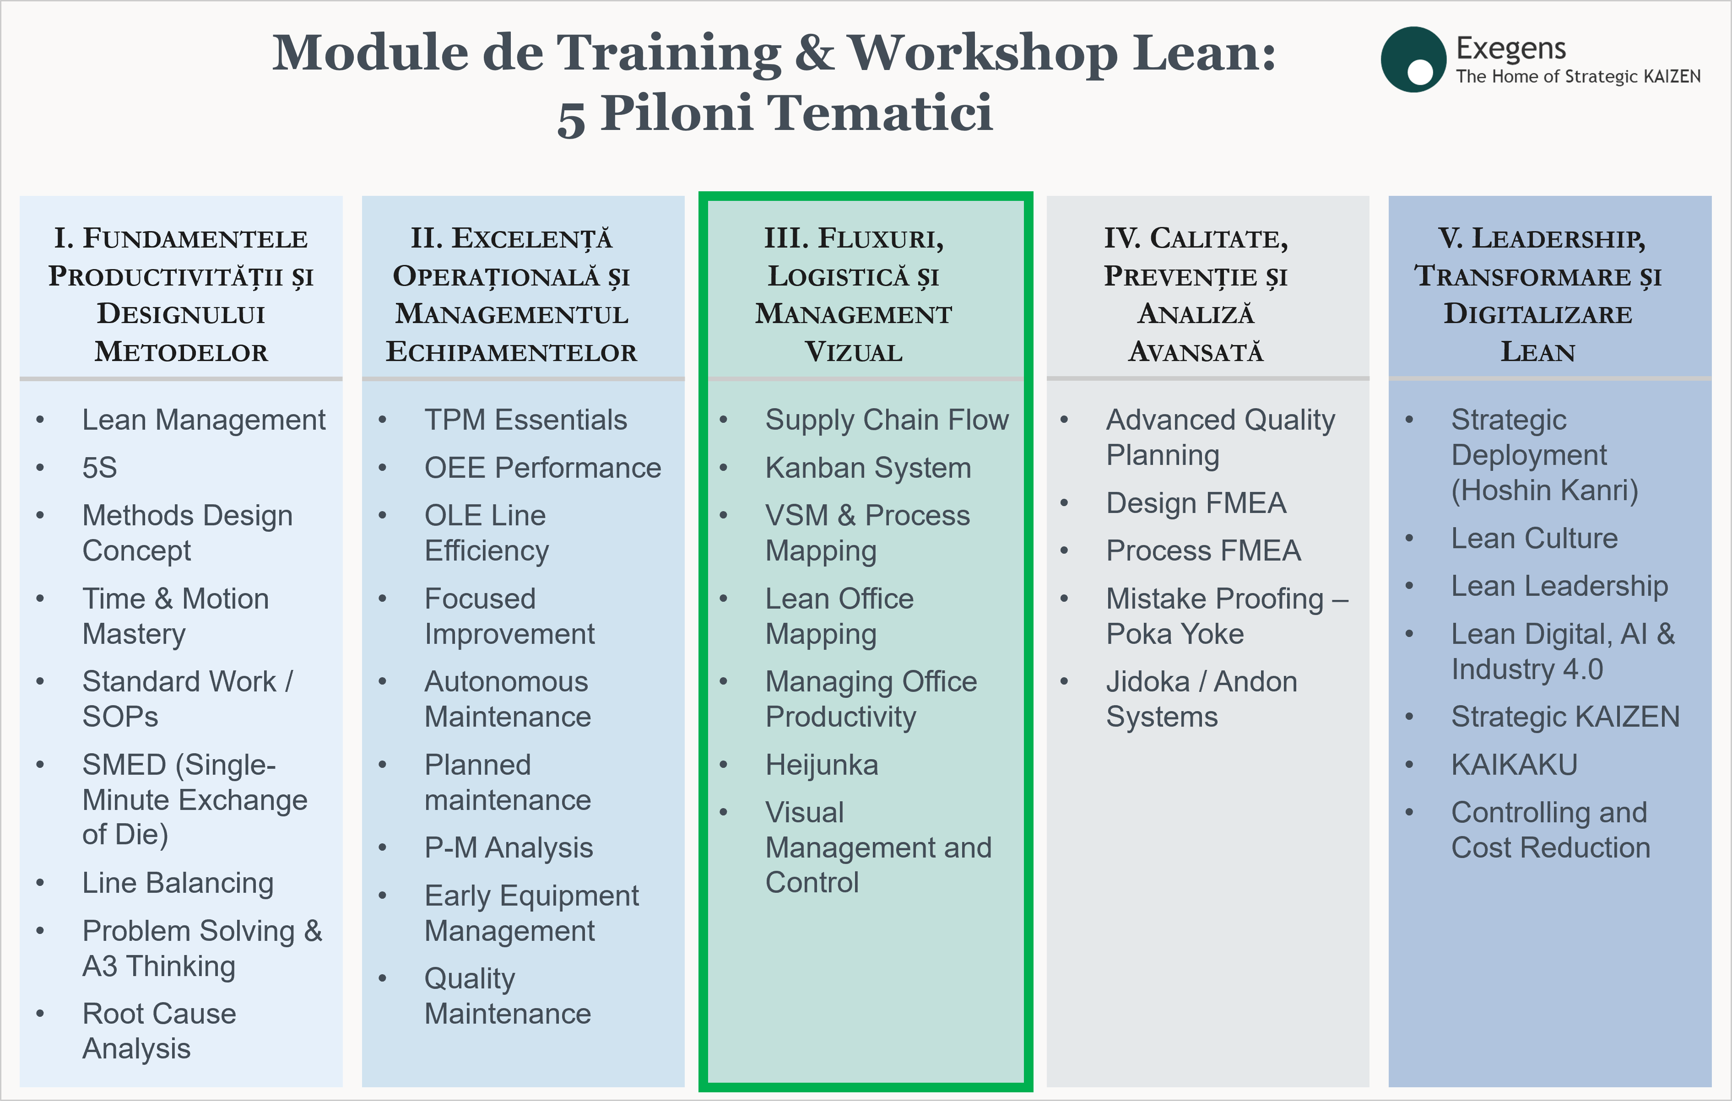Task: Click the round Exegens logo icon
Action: pos(1413,59)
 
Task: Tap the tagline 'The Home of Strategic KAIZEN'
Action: pos(1578,77)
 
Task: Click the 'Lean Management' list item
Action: pos(204,420)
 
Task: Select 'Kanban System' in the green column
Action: pos(868,468)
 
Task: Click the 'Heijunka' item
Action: pos(822,765)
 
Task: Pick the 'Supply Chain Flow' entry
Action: pos(887,421)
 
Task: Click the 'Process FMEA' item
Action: pos(1203,551)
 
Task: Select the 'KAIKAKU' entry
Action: pos(1514,765)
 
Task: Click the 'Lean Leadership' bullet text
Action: pos(1559,586)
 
